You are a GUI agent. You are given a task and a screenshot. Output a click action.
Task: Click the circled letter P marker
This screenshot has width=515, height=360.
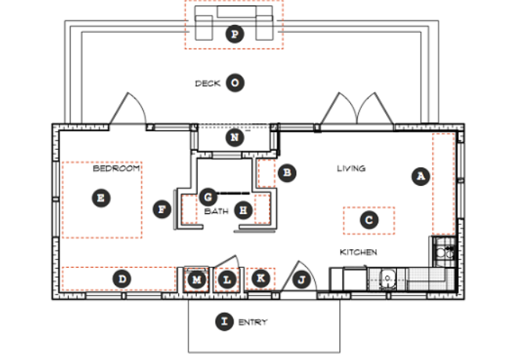pos(235,34)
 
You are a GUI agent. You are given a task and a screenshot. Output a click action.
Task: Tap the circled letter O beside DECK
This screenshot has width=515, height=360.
pos(235,83)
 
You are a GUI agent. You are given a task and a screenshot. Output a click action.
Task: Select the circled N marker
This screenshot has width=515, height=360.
pos(235,137)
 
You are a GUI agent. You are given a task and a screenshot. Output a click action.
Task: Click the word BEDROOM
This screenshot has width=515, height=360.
pos(116,169)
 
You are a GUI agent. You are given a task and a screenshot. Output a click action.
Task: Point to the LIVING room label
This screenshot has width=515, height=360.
pos(351,169)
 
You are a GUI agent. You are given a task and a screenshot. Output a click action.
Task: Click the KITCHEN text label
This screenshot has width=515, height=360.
pos(359,252)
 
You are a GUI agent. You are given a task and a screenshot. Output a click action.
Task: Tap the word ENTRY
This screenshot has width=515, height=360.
pos(252,323)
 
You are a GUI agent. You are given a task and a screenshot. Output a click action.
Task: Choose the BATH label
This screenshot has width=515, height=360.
pos(216,211)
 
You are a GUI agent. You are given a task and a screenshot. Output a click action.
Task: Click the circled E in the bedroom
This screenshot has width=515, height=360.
pos(101,198)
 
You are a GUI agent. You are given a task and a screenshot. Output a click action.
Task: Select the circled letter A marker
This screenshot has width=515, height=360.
pos(420,176)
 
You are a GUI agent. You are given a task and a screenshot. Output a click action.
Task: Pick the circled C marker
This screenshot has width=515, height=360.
pos(369,220)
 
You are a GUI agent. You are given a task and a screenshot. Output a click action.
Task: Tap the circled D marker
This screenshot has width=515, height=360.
pos(122,279)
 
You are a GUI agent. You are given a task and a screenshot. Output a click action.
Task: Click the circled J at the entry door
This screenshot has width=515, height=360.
pos(301,280)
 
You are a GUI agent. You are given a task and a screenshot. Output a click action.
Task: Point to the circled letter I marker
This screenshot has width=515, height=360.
pos(224,322)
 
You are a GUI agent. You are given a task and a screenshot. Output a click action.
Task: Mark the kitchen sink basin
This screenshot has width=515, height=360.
pos(388,279)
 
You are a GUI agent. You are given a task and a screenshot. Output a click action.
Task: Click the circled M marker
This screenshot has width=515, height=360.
pos(196,280)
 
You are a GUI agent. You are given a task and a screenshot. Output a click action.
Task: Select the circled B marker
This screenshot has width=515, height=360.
pos(287,173)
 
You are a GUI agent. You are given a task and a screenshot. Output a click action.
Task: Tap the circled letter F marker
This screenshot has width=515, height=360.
pos(163,209)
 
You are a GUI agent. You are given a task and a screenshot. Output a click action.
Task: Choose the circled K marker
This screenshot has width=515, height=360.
pos(261,278)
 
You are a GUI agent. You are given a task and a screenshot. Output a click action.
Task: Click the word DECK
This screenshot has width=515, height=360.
pos(208,84)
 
